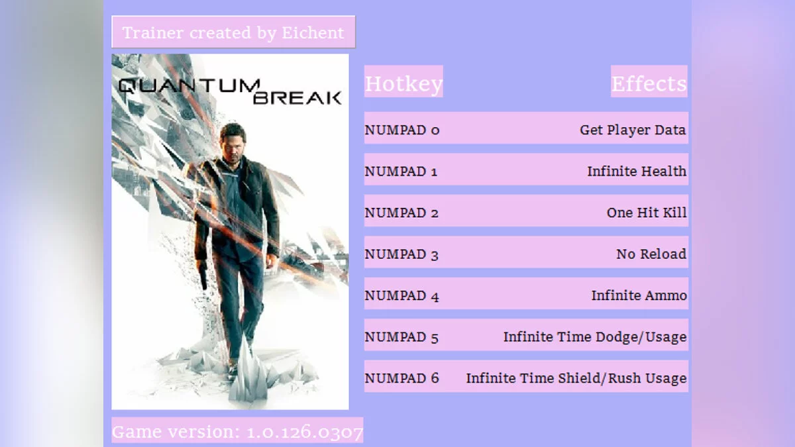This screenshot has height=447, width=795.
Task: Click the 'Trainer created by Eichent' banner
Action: click(x=233, y=32)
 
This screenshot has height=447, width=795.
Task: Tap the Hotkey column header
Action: click(x=403, y=84)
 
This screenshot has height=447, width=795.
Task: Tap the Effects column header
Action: click(x=649, y=84)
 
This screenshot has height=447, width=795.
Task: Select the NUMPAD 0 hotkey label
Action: click(x=401, y=130)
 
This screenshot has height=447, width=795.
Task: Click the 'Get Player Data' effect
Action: click(x=633, y=130)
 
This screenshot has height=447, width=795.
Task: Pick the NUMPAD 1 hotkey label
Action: click(x=401, y=172)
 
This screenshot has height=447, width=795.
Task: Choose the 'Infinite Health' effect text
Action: click(x=636, y=171)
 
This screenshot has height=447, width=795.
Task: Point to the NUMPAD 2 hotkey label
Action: click(x=401, y=213)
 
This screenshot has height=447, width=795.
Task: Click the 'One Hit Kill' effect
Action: click(x=646, y=213)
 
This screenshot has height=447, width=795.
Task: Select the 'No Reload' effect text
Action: click(x=651, y=254)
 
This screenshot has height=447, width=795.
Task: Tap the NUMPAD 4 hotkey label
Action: click(x=401, y=295)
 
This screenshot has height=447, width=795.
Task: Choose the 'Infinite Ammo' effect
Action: click(x=639, y=295)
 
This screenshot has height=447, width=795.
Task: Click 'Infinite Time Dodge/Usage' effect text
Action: click(x=594, y=336)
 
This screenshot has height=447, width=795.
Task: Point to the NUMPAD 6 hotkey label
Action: click(x=401, y=378)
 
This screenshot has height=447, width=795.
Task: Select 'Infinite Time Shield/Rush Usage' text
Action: click(x=576, y=378)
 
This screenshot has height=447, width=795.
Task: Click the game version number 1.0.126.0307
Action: click(x=305, y=432)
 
